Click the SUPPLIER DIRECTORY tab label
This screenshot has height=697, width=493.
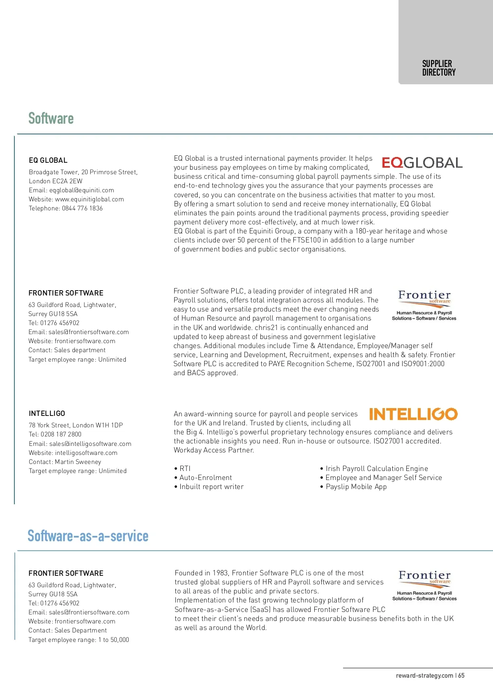pyautogui.click(x=439, y=68)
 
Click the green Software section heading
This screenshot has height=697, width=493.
pyautogui.click(x=51, y=118)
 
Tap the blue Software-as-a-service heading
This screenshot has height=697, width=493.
pyautogui.click(x=88, y=536)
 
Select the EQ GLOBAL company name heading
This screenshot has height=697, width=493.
pyautogui.click(x=48, y=160)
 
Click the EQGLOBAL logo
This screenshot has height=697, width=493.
pyautogui.click(x=422, y=163)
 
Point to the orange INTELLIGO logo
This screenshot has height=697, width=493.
pyautogui.click(x=413, y=414)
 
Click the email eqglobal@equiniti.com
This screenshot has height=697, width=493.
pyautogui.click(x=82, y=190)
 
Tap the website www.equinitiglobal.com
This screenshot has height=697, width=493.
pyautogui.click(x=90, y=199)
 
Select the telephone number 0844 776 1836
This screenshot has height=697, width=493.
pyautogui.click(x=82, y=208)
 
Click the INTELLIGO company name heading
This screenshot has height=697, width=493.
pyautogui.click(x=47, y=413)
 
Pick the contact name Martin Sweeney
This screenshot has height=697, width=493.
pyautogui.click(x=78, y=462)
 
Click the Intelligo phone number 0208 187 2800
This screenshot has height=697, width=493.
pyautogui.click(x=61, y=434)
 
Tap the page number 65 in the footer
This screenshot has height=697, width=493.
pyautogui.click(x=461, y=676)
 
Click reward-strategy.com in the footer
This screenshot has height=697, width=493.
pyautogui.click(x=424, y=676)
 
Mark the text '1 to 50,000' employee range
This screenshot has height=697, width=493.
pyautogui.click(x=113, y=640)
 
